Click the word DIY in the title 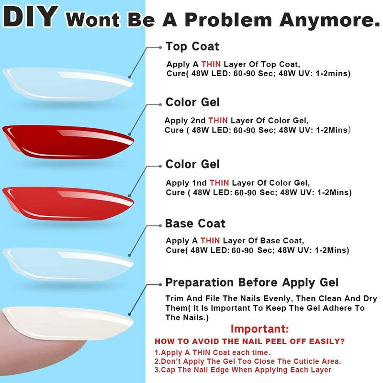pos(31,17)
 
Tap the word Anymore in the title pos(330,20)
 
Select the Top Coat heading pos(192,46)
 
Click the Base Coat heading pos(195,224)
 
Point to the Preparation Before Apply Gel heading pos(252,282)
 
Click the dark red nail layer pos(68,142)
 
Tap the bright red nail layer pos(68,204)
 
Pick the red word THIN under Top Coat pos(211,64)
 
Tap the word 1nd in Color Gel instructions pos(199,183)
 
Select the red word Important pos(259,329)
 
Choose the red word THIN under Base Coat pos(210,241)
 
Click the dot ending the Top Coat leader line pos(160,47)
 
